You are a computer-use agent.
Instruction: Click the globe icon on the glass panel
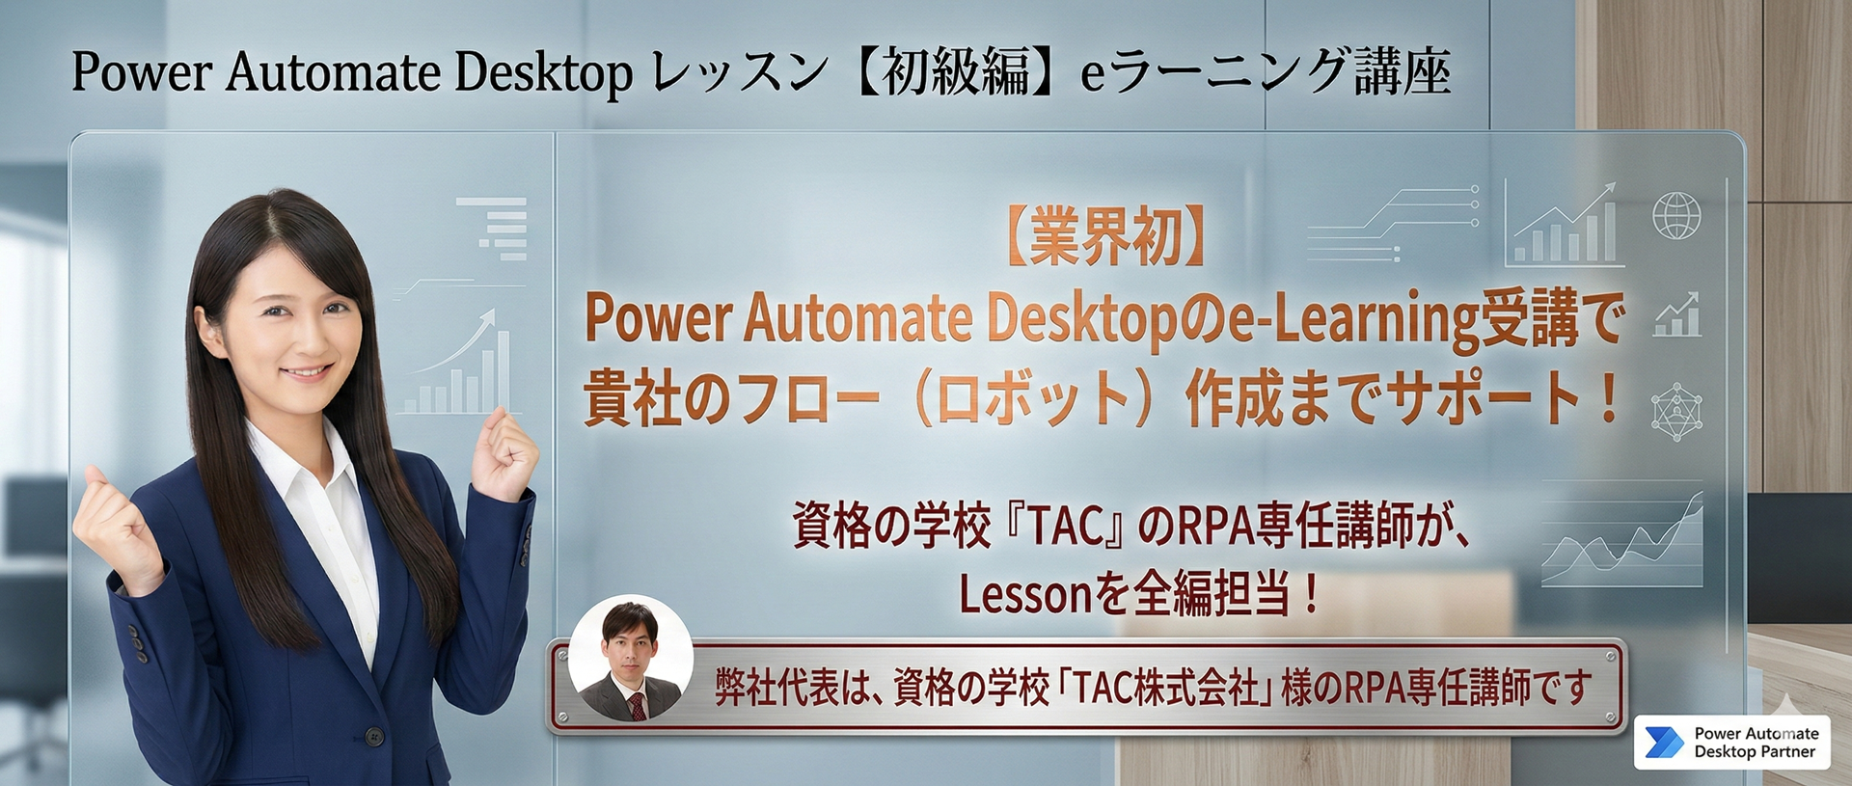click(1676, 215)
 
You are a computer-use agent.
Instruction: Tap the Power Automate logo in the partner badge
click(1664, 743)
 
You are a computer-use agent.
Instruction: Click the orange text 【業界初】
click(1105, 237)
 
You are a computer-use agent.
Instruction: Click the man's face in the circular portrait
click(631, 644)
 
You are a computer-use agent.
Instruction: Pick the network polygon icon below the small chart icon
click(1676, 412)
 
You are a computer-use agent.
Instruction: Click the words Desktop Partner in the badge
click(1755, 752)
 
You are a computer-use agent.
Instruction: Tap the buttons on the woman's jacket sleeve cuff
click(137, 641)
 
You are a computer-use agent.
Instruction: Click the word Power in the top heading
click(141, 72)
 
